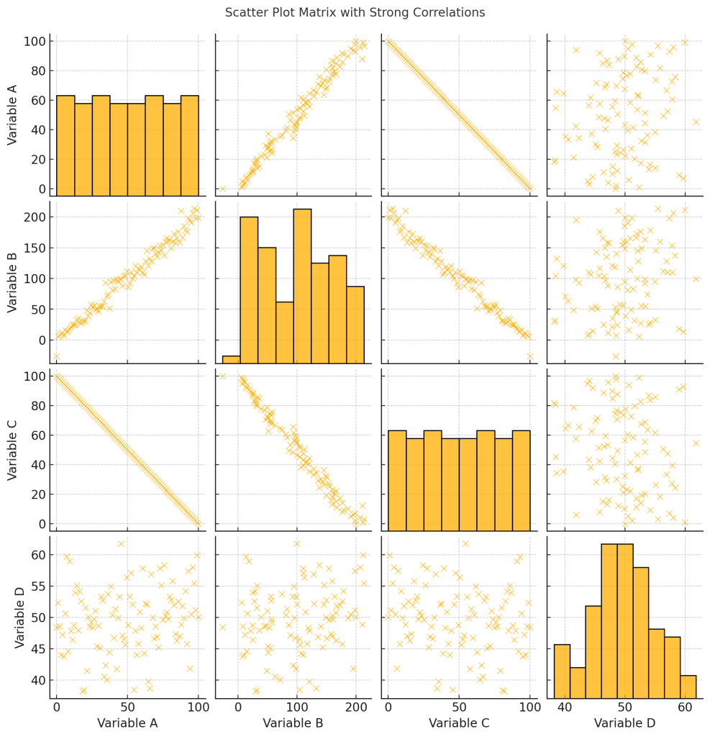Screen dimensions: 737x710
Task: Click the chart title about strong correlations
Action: [x=355, y=13]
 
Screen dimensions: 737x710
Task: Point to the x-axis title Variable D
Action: [x=624, y=722]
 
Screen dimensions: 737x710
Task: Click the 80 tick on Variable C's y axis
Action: [x=37, y=405]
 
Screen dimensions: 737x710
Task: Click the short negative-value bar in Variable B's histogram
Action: [x=231, y=360]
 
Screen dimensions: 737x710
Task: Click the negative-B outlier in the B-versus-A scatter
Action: [x=56, y=356]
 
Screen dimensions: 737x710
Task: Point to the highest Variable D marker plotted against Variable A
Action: [x=121, y=543]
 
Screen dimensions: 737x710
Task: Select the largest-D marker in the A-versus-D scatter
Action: [x=696, y=122]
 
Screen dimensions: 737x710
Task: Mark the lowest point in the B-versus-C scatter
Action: [x=530, y=356]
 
